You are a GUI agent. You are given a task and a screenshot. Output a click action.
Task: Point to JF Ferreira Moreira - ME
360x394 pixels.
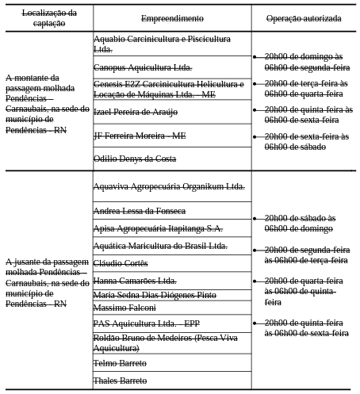coord(140,136)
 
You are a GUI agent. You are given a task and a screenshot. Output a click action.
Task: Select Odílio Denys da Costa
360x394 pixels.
coord(135,159)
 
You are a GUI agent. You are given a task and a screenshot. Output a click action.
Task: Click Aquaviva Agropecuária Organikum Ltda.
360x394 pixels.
coord(169,187)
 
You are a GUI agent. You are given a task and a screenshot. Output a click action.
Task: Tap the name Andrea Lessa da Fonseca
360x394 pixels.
coord(140,211)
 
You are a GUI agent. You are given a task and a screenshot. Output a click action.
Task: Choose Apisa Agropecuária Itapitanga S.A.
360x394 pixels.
coord(158,228)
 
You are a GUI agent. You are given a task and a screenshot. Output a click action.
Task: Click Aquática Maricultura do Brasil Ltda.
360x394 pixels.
coord(160,246)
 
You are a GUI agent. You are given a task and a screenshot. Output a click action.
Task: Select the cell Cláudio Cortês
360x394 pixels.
coord(121,263)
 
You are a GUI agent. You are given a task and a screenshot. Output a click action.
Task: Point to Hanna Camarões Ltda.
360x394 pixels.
coord(135,281)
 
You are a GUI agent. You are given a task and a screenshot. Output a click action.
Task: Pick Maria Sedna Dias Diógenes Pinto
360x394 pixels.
coord(155,295)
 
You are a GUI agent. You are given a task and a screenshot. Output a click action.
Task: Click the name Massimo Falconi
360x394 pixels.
coord(124,307)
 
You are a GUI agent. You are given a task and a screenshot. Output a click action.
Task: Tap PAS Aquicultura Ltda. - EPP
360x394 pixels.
coord(147,323)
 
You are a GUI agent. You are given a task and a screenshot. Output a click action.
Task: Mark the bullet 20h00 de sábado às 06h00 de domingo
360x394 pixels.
coord(300,223)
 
